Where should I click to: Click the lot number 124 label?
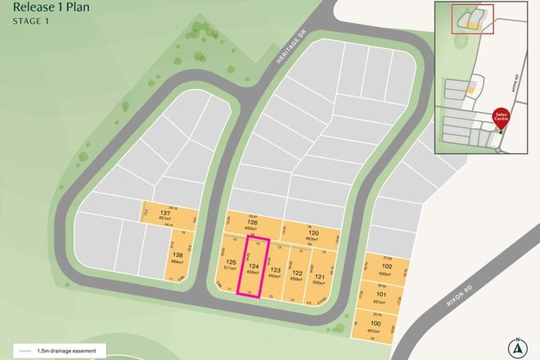(x=254, y=268)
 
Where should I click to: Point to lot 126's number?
(x=252, y=223)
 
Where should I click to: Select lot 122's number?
(x=296, y=272)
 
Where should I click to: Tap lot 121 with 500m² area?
(x=318, y=277)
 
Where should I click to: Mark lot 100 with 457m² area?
(x=374, y=325)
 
